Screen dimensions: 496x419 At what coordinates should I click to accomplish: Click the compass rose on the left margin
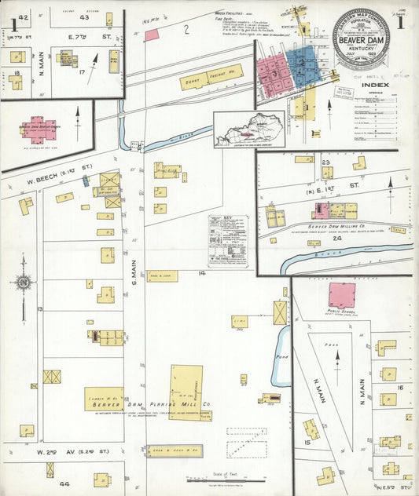point(24,282)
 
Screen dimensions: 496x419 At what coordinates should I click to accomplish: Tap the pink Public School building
point(341,295)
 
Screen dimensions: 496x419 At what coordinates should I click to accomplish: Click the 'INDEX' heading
point(375,85)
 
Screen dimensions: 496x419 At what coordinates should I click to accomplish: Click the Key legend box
point(230,240)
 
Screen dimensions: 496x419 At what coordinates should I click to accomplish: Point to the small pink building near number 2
point(153,35)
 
